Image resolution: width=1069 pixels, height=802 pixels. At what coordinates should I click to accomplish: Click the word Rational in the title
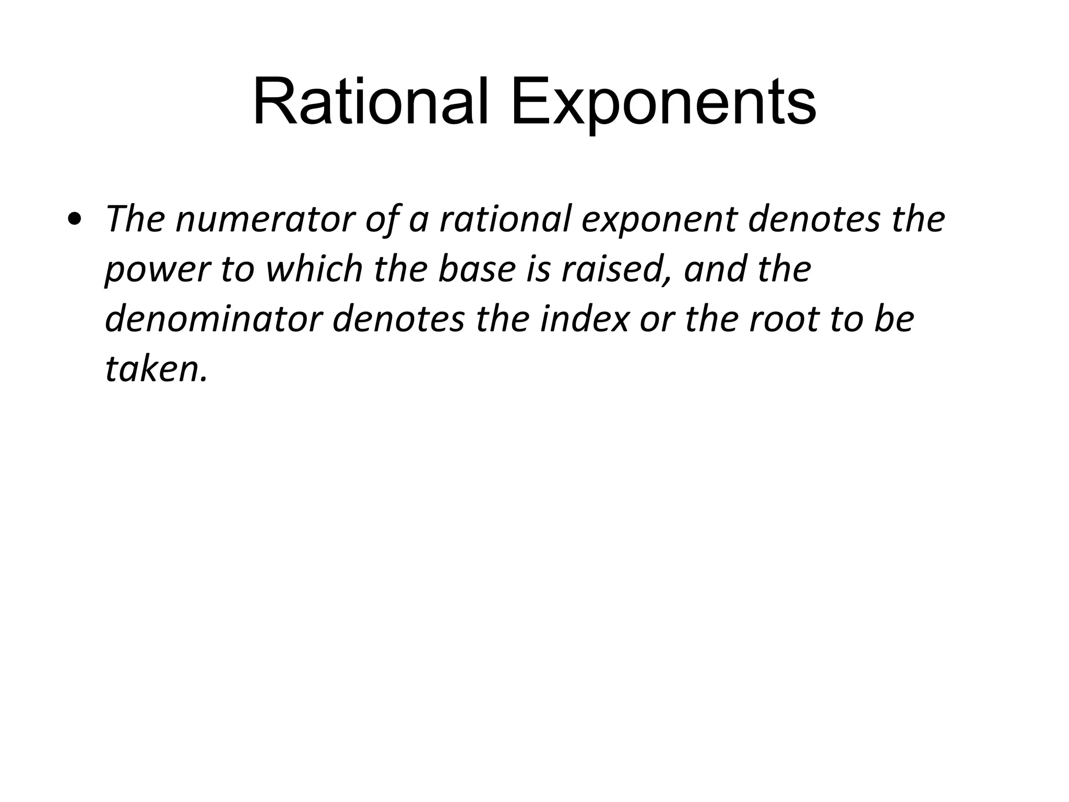pyautogui.click(x=371, y=102)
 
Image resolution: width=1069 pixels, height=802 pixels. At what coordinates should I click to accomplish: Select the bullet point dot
pyautogui.click(x=75, y=220)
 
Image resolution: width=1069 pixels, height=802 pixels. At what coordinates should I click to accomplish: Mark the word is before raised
pyautogui.click(x=538, y=269)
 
